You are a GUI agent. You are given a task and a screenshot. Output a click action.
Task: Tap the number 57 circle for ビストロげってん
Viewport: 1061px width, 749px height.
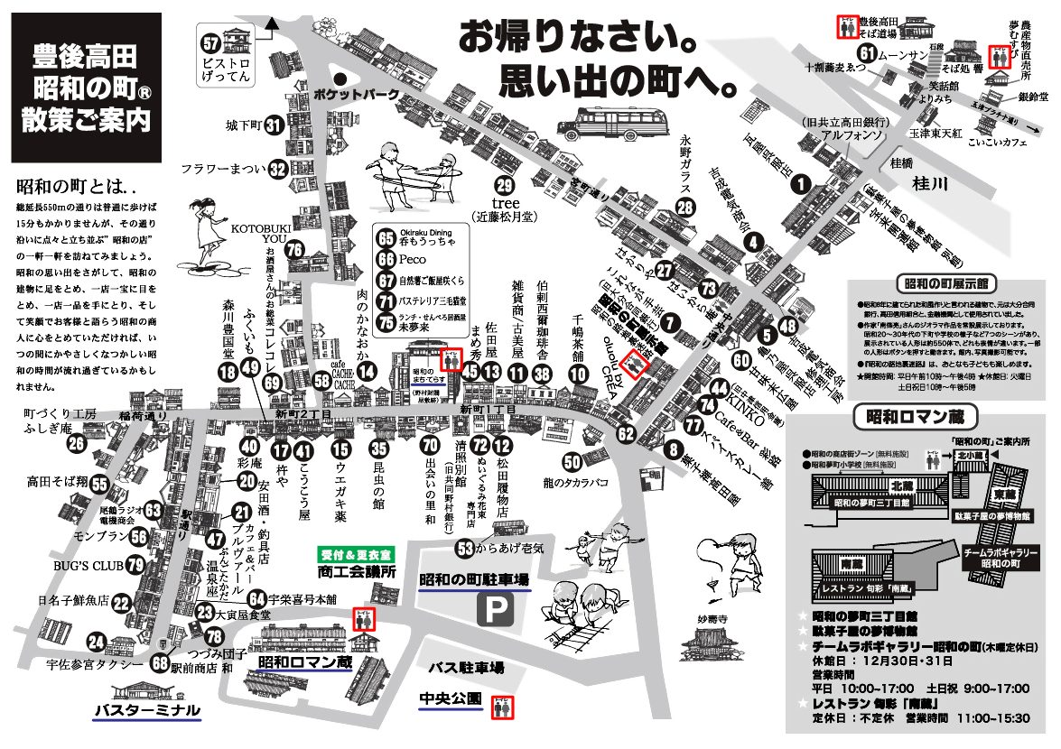[211, 42]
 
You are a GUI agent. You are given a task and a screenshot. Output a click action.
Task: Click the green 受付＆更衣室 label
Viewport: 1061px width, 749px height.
[356, 554]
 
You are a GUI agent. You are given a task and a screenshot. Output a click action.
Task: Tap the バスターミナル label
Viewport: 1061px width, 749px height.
[146, 710]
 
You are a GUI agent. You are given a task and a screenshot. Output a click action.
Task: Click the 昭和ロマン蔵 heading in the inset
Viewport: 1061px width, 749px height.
[908, 416]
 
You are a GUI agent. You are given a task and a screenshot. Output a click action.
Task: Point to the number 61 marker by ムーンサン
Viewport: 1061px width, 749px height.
[868, 54]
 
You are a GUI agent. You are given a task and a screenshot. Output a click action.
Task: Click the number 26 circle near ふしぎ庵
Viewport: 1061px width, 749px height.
[76, 442]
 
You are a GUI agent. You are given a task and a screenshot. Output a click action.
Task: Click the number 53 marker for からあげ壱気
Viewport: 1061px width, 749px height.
[465, 548]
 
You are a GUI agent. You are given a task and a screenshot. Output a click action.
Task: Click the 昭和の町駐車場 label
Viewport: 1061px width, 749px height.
[474, 579]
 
